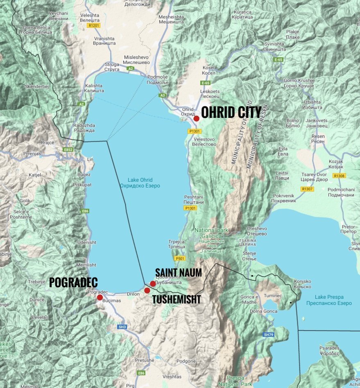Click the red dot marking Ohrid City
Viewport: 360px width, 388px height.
coord(197,118)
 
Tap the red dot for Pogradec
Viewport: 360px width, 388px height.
coord(100,298)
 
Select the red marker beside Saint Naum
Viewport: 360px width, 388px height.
coord(153,284)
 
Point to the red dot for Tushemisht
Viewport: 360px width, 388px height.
coord(147,291)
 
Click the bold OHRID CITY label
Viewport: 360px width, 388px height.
coord(231,112)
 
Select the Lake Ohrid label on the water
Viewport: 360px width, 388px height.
coord(140,183)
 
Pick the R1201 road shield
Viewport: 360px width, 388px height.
coord(94,25)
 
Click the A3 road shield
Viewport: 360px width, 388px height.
coord(163,95)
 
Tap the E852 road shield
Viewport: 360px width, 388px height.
coord(68,150)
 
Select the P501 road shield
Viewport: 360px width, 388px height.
coord(180,259)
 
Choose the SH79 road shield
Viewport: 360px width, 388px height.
coord(268,335)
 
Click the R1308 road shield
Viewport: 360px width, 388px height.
coord(340,176)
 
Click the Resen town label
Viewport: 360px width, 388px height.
coord(318,138)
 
